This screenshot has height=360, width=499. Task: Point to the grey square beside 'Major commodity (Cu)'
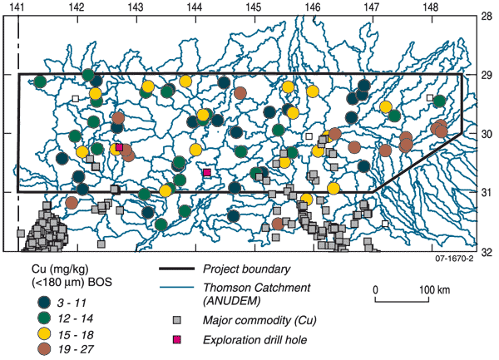[175, 320]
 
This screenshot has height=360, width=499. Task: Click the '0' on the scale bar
[376, 289]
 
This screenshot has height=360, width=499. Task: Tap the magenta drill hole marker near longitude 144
[207, 173]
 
